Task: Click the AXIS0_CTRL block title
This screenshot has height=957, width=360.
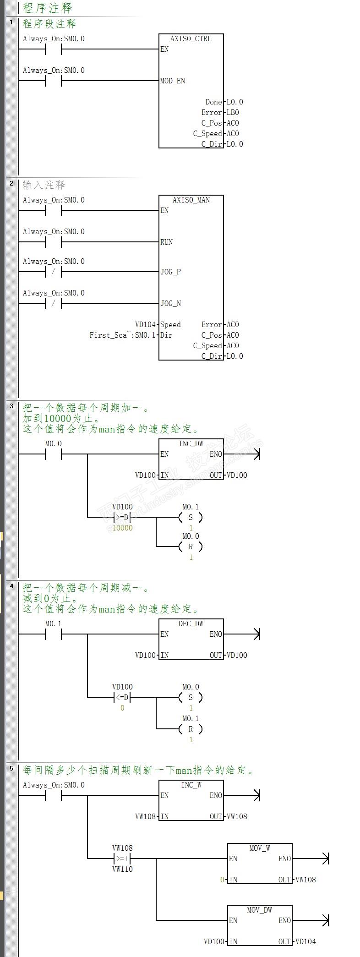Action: pyautogui.click(x=191, y=39)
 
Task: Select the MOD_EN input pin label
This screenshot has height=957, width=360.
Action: pyautogui.click(x=173, y=81)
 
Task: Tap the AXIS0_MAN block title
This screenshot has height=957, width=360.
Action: pyautogui.click(x=191, y=200)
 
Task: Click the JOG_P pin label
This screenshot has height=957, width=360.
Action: pyautogui.click(x=170, y=272)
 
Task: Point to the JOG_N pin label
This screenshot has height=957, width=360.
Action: pyautogui.click(x=170, y=304)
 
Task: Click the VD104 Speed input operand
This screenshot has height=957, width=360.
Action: pyautogui.click(x=145, y=325)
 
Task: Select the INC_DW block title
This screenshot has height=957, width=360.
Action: pyautogui.click(x=191, y=444)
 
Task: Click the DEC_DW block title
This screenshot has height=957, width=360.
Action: pyautogui.click(x=191, y=624)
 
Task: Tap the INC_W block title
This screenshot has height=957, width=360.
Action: pyautogui.click(x=191, y=785)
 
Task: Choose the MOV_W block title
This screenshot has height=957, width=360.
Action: pyautogui.click(x=260, y=848)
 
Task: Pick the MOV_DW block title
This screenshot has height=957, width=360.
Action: pyautogui.click(x=260, y=910)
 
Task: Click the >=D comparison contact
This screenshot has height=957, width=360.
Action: pyautogui.click(x=122, y=518)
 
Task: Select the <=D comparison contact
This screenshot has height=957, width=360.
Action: pyautogui.click(x=122, y=698)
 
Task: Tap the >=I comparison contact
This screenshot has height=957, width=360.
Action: pyautogui.click(x=122, y=859)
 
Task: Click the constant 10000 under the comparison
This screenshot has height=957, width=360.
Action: pyautogui.click(x=122, y=528)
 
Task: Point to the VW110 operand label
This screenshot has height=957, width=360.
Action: pyautogui.click(x=122, y=870)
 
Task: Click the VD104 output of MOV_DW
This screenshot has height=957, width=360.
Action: pyautogui.click(x=305, y=942)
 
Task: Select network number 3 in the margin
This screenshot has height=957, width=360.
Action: pyautogui.click(x=11, y=406)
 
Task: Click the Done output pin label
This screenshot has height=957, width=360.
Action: pyautogui.click(x=213, y=102)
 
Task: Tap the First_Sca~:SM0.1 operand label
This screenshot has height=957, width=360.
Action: pyautogui.click(x=122, y=335)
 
